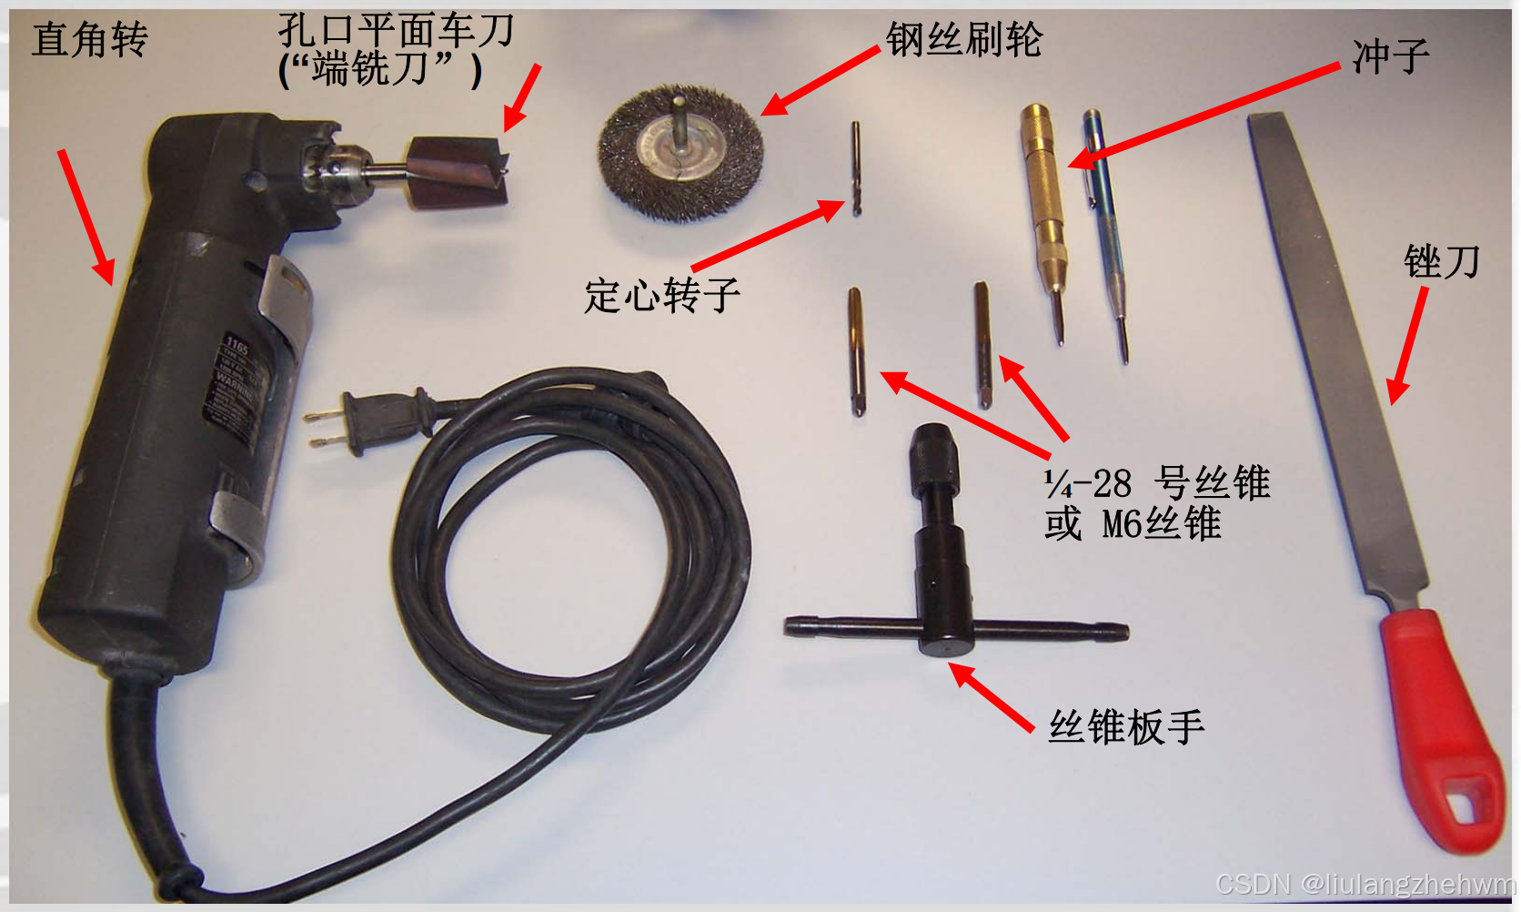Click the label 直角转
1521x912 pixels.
coord(89,39)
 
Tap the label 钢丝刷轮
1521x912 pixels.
coord(964,39)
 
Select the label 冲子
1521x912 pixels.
coord(1390,56)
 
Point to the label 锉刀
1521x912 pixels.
coord(1441,262)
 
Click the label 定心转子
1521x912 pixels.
coord(661,295)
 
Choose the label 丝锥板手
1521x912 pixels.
coord(1126,726)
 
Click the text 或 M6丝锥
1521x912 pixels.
coord(1133,524)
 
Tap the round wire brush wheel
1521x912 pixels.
coord(680,152)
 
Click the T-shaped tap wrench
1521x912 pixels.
coord(946,583)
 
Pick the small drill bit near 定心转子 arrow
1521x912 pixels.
coord(856,168)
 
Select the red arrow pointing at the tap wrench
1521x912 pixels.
coord(992,697)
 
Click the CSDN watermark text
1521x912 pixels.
coord(1365,883)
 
